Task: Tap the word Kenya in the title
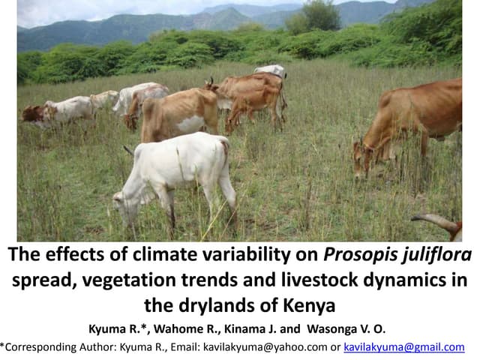coord(308,306)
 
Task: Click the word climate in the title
coord(162,256)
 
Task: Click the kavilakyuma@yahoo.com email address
coord(265,347)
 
